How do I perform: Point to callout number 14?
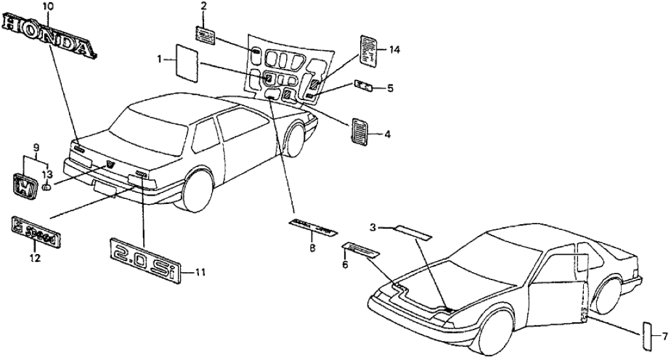click(393, 49)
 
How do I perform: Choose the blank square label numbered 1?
click(189, 63)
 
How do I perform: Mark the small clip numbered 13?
click(47, 187)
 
